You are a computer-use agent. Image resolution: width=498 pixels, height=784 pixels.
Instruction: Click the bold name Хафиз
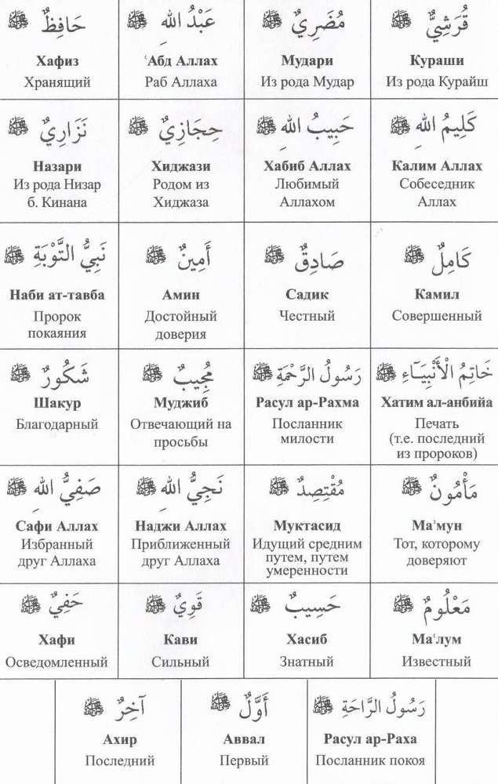pos(57,60)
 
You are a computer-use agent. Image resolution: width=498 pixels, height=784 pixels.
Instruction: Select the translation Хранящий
pos(57,82)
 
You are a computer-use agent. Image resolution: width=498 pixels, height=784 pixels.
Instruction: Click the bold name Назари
pos(57,166)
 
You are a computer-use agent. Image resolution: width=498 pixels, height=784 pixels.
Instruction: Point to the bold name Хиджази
pos(182,166)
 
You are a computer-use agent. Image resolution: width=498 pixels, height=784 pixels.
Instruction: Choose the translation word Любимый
pos(307,184)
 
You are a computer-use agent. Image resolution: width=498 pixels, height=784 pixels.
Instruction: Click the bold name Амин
pos(182,295)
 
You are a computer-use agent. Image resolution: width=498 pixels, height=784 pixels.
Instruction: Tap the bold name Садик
pos(307,295)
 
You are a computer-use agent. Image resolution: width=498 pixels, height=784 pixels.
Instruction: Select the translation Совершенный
pos(436,317)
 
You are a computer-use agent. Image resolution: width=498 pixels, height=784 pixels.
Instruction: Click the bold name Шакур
pos(57,403)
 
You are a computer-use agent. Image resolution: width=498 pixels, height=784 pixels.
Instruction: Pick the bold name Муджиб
pos(182,403)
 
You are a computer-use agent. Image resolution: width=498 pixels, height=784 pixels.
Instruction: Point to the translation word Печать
pos(436,424)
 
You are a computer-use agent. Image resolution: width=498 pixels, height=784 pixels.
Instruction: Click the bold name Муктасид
pos(307,525)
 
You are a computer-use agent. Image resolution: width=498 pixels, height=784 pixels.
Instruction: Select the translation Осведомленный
pos(57,662)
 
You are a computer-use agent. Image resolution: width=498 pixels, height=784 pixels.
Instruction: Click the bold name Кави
pos(182,640)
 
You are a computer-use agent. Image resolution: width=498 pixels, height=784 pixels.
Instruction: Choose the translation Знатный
pos(307,662)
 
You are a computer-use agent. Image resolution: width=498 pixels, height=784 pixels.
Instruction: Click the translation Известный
pos(436,662)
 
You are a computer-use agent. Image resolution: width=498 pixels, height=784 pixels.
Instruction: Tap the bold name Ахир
pos(119,739)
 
